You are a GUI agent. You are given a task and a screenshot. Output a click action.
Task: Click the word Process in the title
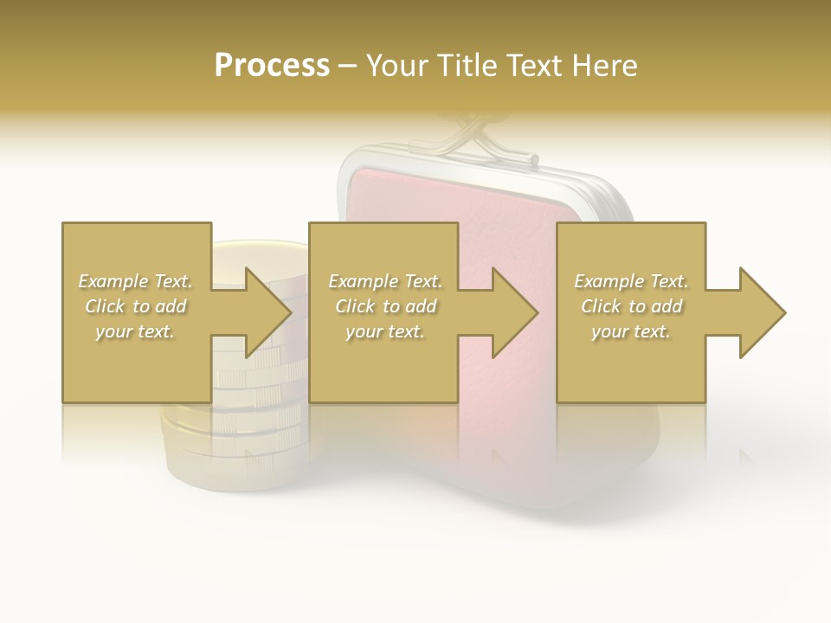[x=272, y=66]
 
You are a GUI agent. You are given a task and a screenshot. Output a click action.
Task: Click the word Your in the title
[x=397, y=66]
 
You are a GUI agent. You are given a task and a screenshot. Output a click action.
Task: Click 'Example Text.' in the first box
[x=136, y=281]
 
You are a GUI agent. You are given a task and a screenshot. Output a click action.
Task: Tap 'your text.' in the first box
[x=136, y=331]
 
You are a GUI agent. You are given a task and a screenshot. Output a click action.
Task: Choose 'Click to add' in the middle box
[x=385, y=306]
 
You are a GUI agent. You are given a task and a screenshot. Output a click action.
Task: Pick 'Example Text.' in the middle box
[x=385, y=281]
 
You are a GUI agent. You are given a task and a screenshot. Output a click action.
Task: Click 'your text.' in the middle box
[x=385, y=331]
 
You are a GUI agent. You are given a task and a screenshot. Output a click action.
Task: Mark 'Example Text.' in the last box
[x=631, y=281]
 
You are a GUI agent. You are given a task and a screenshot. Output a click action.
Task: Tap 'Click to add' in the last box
[x=631, y=306]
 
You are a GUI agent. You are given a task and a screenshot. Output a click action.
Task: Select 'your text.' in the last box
[x=631, y=331]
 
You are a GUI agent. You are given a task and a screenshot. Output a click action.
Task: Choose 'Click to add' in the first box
[x=136, y=306]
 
